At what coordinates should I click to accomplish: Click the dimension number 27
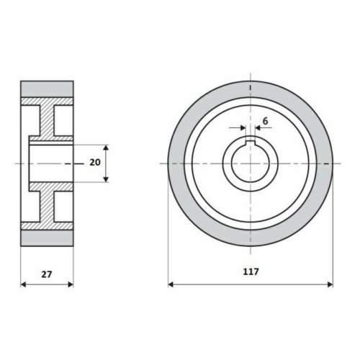47,274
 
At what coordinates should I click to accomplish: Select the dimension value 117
251,271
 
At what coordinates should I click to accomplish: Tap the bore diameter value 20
95,163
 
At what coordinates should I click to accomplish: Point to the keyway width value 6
265,121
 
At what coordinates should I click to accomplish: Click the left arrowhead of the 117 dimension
171,284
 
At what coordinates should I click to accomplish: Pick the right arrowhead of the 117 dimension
330,284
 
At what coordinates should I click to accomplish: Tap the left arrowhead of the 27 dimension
23,284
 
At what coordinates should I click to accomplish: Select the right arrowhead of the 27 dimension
71,284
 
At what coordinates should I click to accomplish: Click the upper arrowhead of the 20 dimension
106,148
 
